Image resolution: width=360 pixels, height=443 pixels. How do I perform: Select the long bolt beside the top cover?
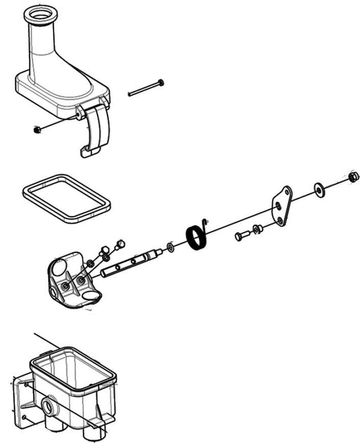coord(146,88)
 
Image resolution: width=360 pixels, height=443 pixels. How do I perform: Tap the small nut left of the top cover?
coord(36,129)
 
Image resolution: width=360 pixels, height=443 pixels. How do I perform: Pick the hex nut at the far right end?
coord(354,176)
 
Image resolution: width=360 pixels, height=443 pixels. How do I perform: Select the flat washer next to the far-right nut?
coord(320,189)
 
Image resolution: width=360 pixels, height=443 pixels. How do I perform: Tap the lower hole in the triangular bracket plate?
coord(281,221)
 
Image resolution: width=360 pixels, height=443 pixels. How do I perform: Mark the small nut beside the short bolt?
coord(257,229)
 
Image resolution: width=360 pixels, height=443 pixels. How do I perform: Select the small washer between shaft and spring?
coord(170,248)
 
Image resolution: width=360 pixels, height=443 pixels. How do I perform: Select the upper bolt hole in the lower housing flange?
coord(26,385)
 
